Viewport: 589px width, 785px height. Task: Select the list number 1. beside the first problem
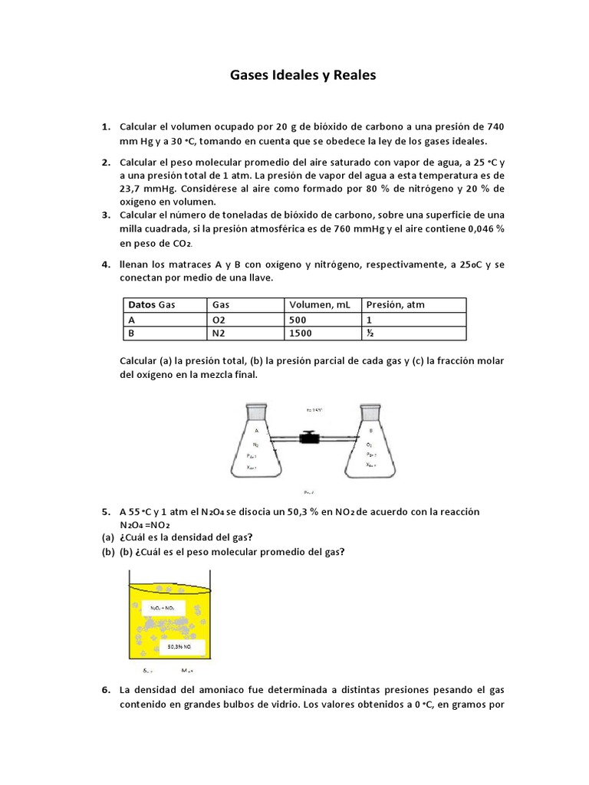pyautogui.click(x=106, y=126)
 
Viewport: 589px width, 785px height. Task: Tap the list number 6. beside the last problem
pyautogui.click(x=106, y=690)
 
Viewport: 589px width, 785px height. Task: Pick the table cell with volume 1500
pyautogui.click(x=302, y=333)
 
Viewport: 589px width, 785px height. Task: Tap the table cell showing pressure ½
pyautogui.click(x=370, y=333)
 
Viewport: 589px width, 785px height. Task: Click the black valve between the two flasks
pyautogui.click(x=309, y=439)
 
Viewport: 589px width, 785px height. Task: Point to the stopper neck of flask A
pyautogui.click(x=256, y=409)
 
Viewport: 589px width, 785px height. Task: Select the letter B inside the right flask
pyautogui.click(x=370, y=431)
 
